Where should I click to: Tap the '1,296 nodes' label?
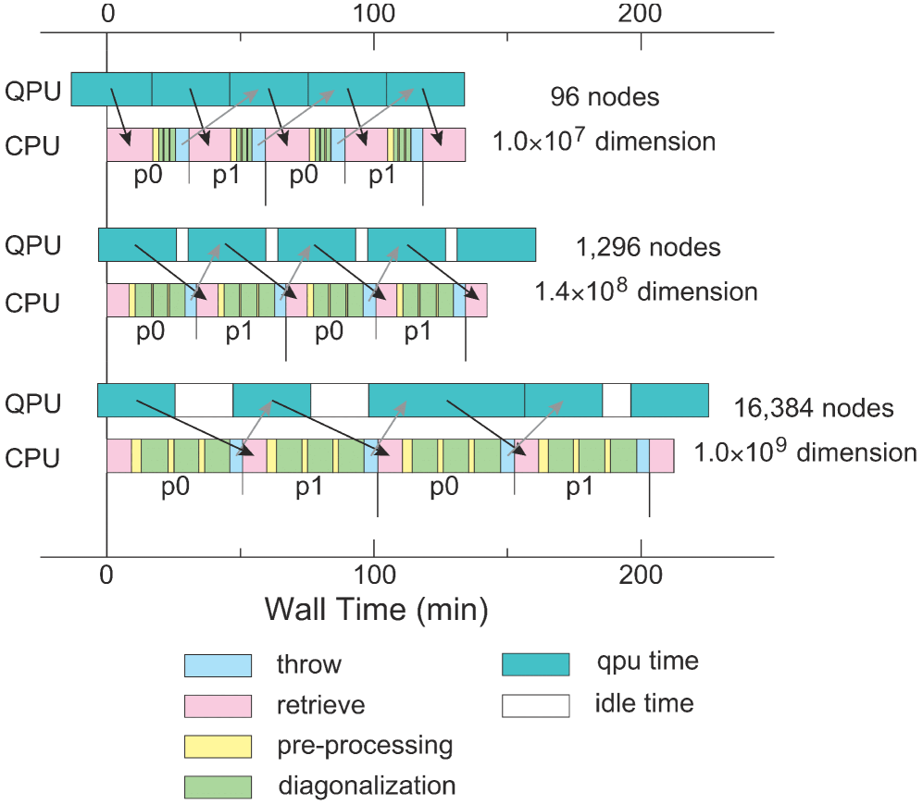[x=647, y=248]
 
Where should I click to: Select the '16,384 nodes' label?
[x=814, y=408]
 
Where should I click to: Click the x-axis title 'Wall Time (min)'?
[x=376, y=609]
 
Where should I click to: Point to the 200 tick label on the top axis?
[x=641, y=14]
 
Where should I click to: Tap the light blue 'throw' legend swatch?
[x=218, y=664]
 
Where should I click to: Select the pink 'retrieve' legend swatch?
[x=218, y=705]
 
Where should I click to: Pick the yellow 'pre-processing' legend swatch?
[x=218, y=746]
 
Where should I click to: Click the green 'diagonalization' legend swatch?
[x=218, y=786]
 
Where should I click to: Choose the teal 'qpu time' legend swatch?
[x=535, y=663]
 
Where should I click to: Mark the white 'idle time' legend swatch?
[x=535, y=705]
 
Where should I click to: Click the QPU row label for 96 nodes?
[x=32, y=91]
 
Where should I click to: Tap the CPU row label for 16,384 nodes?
[x=32, y=459]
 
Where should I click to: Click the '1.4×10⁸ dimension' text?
[x=645, y=291]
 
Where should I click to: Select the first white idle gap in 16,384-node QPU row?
[x=204, y=401]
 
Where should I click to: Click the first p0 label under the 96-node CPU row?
[x=148, y=176]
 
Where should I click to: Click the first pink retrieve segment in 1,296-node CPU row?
[x=118, y=301]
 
